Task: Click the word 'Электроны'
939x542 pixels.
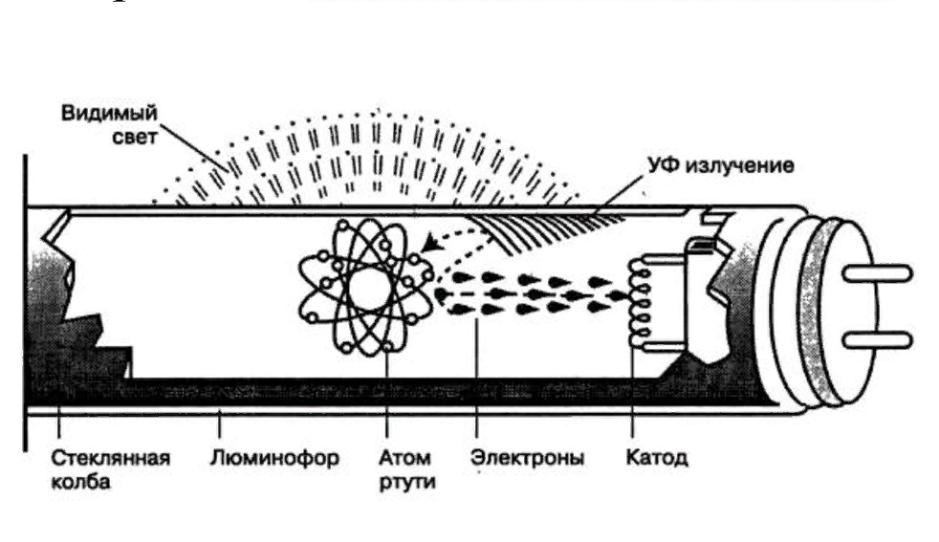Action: pos(527,457)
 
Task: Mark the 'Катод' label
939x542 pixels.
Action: pos(656,457)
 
